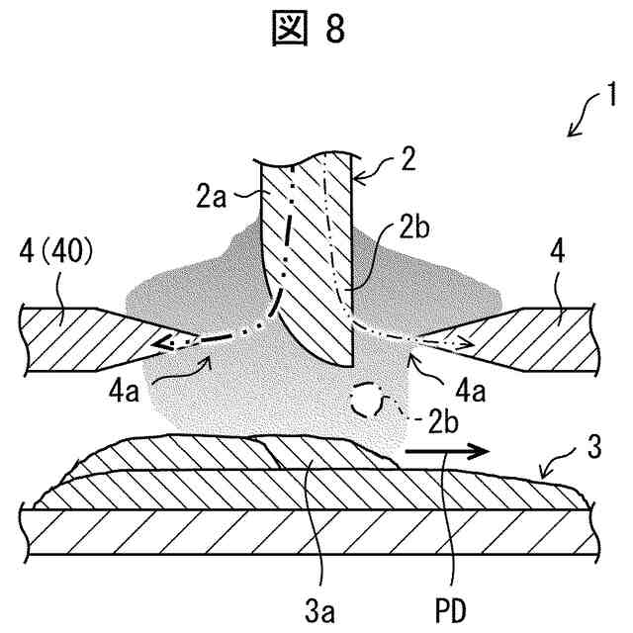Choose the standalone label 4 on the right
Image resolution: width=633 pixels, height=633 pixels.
point(558,253)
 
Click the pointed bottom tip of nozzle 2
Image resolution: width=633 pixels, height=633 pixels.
point(348,362)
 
